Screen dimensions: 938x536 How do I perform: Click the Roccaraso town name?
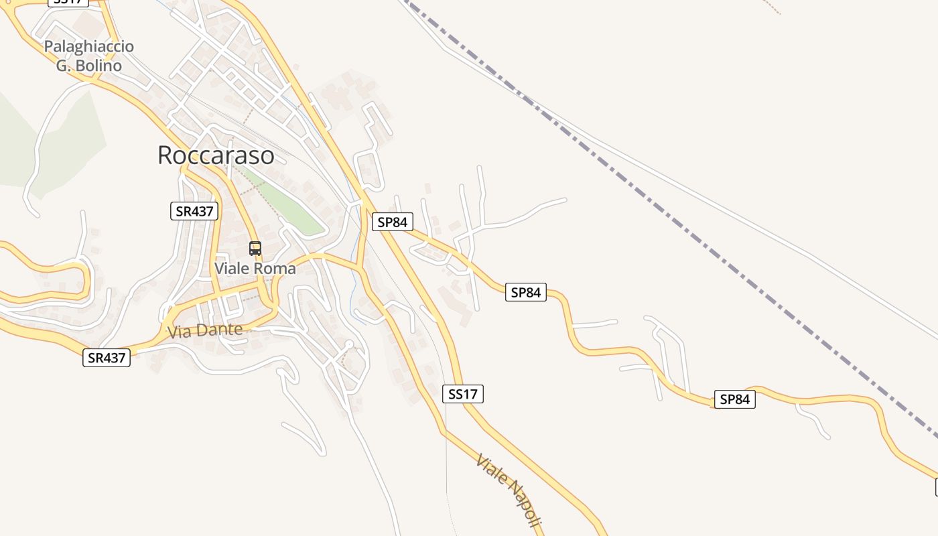point(216,155)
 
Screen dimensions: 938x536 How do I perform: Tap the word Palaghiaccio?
point(89,47)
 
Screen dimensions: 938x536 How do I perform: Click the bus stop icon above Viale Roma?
point(255,249)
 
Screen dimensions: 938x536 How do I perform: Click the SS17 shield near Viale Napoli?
point(463,394)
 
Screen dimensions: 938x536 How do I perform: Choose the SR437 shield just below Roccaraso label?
point(194,211)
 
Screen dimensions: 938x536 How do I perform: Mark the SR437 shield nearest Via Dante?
point(107,358)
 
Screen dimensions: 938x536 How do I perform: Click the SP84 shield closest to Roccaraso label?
point(393,222)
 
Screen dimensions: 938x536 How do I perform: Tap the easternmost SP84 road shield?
point(734,399)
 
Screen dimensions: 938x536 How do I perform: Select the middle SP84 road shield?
point(526,292)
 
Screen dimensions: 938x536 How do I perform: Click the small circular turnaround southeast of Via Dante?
point(348,344)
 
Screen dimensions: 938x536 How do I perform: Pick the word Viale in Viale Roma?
point(232,269)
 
